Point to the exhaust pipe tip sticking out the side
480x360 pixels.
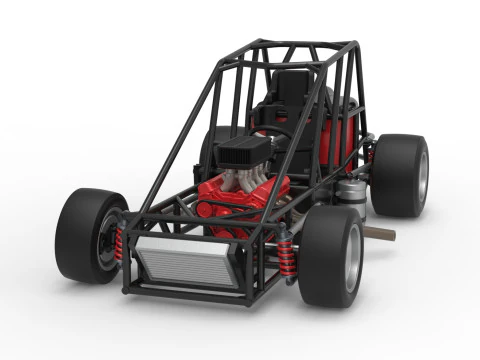[x=381, y=235]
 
